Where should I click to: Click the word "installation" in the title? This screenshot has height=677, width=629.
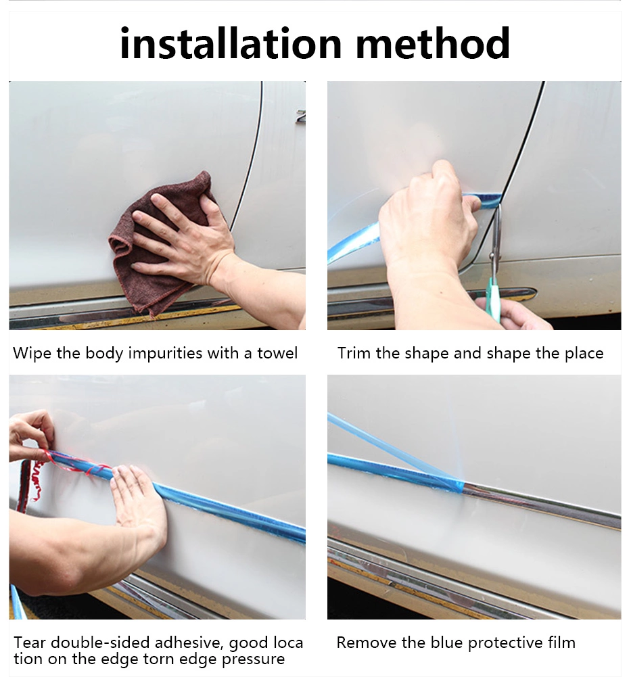point(231,43)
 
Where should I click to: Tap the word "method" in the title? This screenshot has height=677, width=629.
point(433,43)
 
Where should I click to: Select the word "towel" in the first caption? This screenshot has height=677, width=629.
point(277,353)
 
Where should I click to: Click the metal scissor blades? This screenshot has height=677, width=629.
point(495,242)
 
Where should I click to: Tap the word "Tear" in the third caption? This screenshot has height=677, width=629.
point(28,643)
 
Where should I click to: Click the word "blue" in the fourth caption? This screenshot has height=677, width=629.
point(447,643)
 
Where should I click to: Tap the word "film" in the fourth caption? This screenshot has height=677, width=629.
point(561,643)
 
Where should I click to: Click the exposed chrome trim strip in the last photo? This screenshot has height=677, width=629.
point(542,505)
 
